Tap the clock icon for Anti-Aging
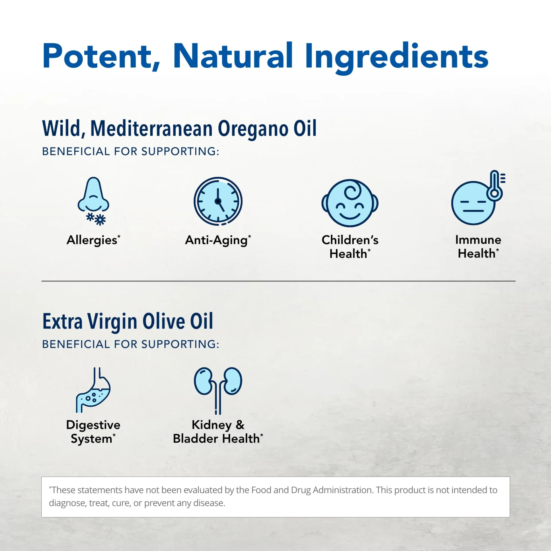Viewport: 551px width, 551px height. click(x=218, y=201)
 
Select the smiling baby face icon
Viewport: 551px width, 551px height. click(x=350, y=203)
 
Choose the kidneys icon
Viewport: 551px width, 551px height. click(x=218, y=390)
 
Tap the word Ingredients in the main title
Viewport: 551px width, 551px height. click(x=397, y=57)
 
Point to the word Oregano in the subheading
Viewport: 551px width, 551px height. click(x=253, y=129)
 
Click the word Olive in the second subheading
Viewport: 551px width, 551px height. click(x=164, y=321)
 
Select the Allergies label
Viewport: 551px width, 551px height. click(x=94, y=240)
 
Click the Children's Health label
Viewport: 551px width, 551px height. click(x=350, y=247)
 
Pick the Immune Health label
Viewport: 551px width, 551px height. click(x=478, y=247)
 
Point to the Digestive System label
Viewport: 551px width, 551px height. click(x=93, y=432)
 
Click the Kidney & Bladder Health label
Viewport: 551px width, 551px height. click(x=218, y=432)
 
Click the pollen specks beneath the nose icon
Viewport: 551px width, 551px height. click(x=96, y=219)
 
